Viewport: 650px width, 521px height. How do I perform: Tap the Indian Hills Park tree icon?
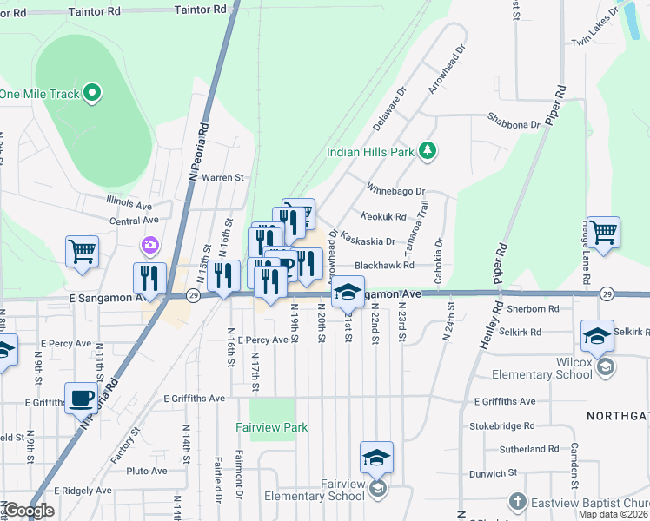pyautogui.click(x=427, y=152)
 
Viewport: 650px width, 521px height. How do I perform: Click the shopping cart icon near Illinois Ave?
pyautogui.click(x=82, y=251)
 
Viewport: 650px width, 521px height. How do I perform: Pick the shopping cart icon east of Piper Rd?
pyautogui.click(x=603, y=231)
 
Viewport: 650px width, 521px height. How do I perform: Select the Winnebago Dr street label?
pyautogui.click(x=395, y=189)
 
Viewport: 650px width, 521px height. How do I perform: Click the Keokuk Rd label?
pyautogui.click(x=384, y=217)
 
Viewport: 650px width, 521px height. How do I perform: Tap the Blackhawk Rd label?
pyautogui.click(x=383, y=266)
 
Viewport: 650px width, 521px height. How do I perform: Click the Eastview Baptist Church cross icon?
pyautogui.click(x=516, y=502)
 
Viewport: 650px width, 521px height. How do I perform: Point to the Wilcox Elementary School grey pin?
pyautogui.click(x=606, y=367)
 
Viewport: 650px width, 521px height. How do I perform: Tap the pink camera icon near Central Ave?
pyautogui.click(x=151, y=246)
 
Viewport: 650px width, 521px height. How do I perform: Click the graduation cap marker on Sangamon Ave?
pyautogui.click(x=348, y=292)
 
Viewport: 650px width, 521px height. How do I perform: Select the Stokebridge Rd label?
pyautogui.click(x=504, y=426)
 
